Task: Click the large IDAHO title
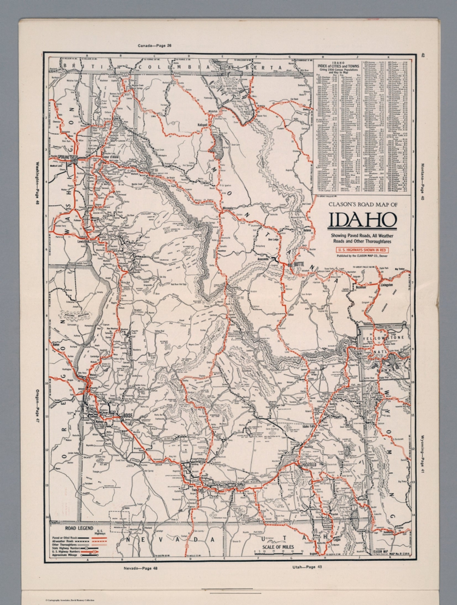pyautogui.click(x=362, y=221)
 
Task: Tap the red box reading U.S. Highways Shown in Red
pyautogui.click(x=362, y=249)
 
